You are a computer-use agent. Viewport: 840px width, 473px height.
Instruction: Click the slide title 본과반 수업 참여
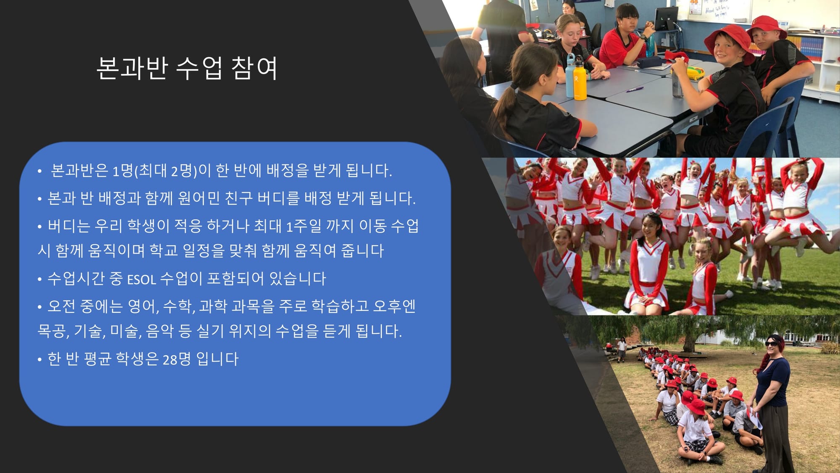pyautogui.click(x=187, y=68)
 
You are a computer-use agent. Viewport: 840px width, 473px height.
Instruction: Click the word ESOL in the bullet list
pyautogui.click(x=142, y=280)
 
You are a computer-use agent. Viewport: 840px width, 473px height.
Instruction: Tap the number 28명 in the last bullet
pyautogui.click(x=177, y=359)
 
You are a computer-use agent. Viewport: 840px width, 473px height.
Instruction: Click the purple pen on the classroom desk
pyautogui.click(x=635, y=89)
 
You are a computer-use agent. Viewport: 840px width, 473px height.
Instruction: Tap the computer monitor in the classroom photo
pyautogui.click(x=666, y=18)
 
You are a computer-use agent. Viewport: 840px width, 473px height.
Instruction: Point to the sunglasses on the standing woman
pyautogui.click(x=771, y=344)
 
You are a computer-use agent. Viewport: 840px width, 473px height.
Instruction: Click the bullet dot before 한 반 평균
pyautogui.click(x=39, y=360)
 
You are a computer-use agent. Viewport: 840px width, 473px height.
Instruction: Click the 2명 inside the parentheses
pyautogui.click(x=181, y=170)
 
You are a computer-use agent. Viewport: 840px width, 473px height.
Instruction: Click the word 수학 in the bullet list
pyautogui.click(x=178, y=307)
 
